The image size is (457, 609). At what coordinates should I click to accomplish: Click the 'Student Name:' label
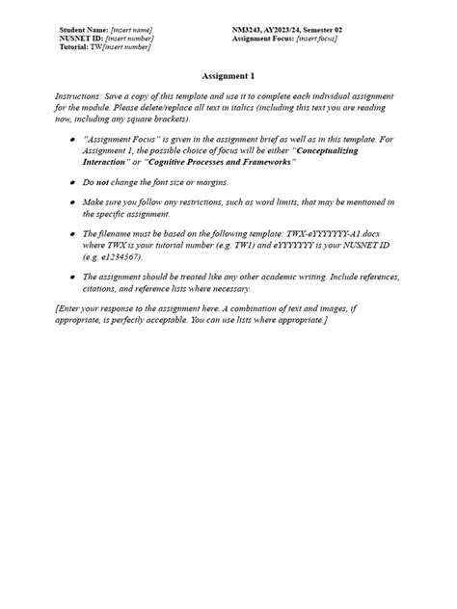[x=84, y=31]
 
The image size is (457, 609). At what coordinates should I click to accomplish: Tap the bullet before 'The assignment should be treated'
[x=74, y=278]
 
